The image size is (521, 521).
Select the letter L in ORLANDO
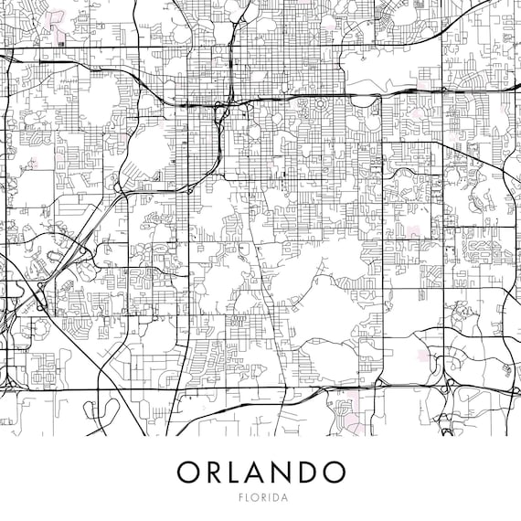[236, 472]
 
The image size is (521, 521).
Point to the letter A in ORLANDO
[259, 472]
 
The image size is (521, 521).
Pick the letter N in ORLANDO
[285, 472]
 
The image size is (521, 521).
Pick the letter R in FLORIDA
[261, 498]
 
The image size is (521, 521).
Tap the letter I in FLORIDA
[269, 498]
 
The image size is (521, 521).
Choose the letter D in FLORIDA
[276, 498]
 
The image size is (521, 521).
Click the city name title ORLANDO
[260, 472]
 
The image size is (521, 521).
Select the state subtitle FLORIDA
[260, 498]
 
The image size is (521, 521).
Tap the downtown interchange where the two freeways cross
[220, 109]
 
